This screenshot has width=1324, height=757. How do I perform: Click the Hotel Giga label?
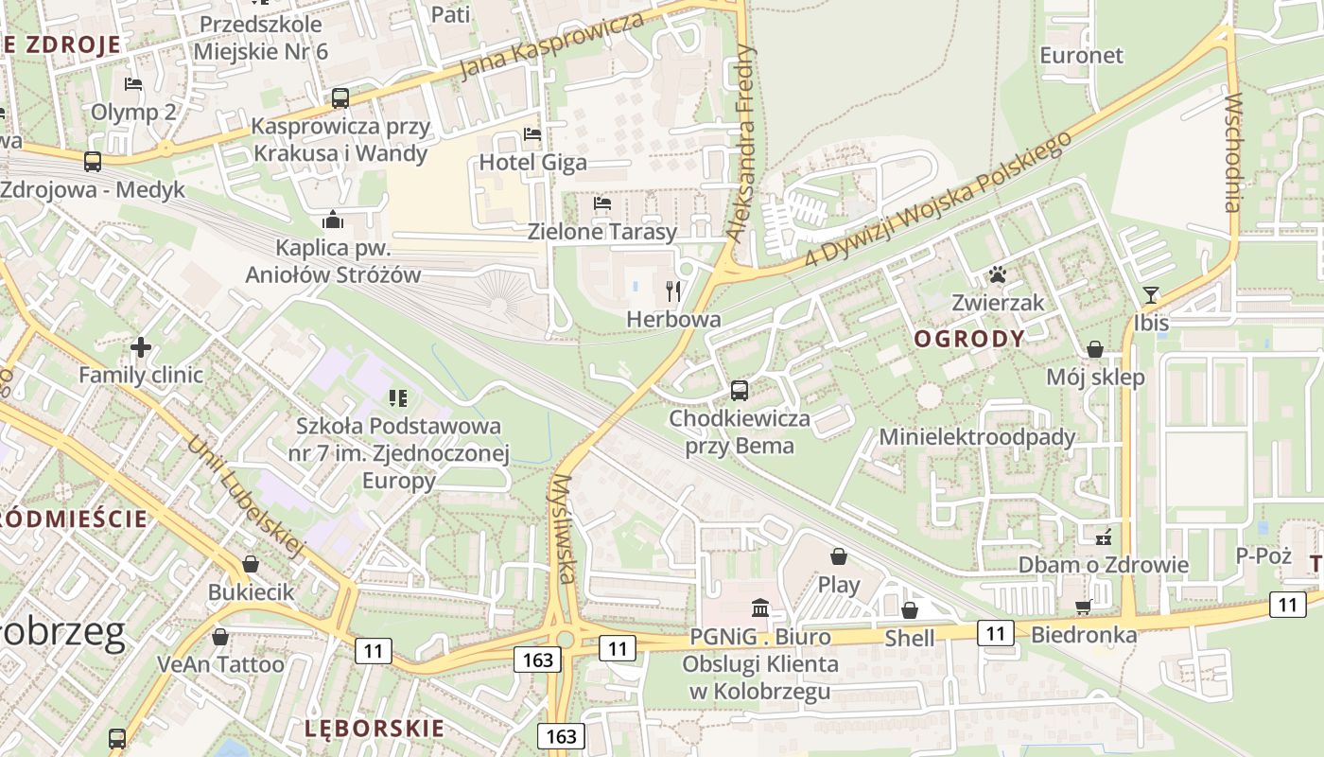click(532, 162)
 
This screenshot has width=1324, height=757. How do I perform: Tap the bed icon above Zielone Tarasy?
click(601, 203)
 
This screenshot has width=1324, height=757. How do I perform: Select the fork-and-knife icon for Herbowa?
click(673, 290)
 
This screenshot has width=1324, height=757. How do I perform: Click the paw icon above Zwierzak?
click(998, 275)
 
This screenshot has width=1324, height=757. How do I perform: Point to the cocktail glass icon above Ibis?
click(1150, 295)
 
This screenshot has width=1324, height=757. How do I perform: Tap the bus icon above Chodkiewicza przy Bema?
click(740, 390)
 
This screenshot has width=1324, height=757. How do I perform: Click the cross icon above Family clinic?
click(141, 347)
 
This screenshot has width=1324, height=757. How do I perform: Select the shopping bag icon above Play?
click(838, 556)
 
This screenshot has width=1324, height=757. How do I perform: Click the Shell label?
click(909, 639)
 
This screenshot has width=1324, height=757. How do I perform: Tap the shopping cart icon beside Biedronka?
click(1083, 607)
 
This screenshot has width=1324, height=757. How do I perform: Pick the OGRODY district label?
click(969, 339)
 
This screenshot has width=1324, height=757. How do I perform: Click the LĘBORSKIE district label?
click(375, 728)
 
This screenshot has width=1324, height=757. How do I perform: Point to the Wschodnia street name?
click(1232, 151)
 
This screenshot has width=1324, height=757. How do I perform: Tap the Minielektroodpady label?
click(977, 436)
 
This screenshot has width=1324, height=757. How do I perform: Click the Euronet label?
click(1081, 55)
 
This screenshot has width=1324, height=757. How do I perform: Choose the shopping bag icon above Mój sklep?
click(1095, 350)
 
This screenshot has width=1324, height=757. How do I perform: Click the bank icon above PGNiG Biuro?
click(759, 607)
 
